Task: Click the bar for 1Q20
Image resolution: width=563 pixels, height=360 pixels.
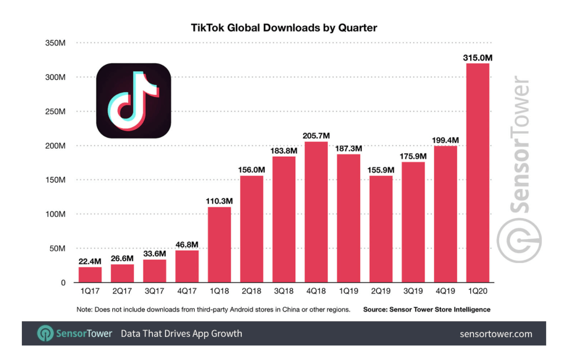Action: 478,173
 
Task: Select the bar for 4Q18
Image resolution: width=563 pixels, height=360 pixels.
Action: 316,212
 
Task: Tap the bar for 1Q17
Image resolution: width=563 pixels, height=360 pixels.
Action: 90,275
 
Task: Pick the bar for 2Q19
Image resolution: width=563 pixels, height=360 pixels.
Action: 381,229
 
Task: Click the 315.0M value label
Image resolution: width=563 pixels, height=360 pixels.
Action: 478,58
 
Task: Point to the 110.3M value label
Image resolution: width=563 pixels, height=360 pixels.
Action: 220,201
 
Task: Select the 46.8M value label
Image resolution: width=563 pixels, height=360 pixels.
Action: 187,244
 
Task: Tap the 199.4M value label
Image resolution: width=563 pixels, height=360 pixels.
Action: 446,140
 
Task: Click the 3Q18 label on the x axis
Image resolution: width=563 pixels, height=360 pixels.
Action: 284,292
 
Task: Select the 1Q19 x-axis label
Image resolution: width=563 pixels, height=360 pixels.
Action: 348,292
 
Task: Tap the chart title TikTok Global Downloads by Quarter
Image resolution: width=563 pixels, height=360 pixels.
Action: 284,28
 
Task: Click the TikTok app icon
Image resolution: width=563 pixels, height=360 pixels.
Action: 134,101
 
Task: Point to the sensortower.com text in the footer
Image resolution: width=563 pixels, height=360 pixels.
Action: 495,334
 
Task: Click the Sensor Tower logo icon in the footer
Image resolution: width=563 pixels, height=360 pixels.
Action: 45,333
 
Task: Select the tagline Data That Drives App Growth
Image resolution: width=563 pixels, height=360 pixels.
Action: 181,334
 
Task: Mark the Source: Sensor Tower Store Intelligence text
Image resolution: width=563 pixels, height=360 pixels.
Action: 426,309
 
